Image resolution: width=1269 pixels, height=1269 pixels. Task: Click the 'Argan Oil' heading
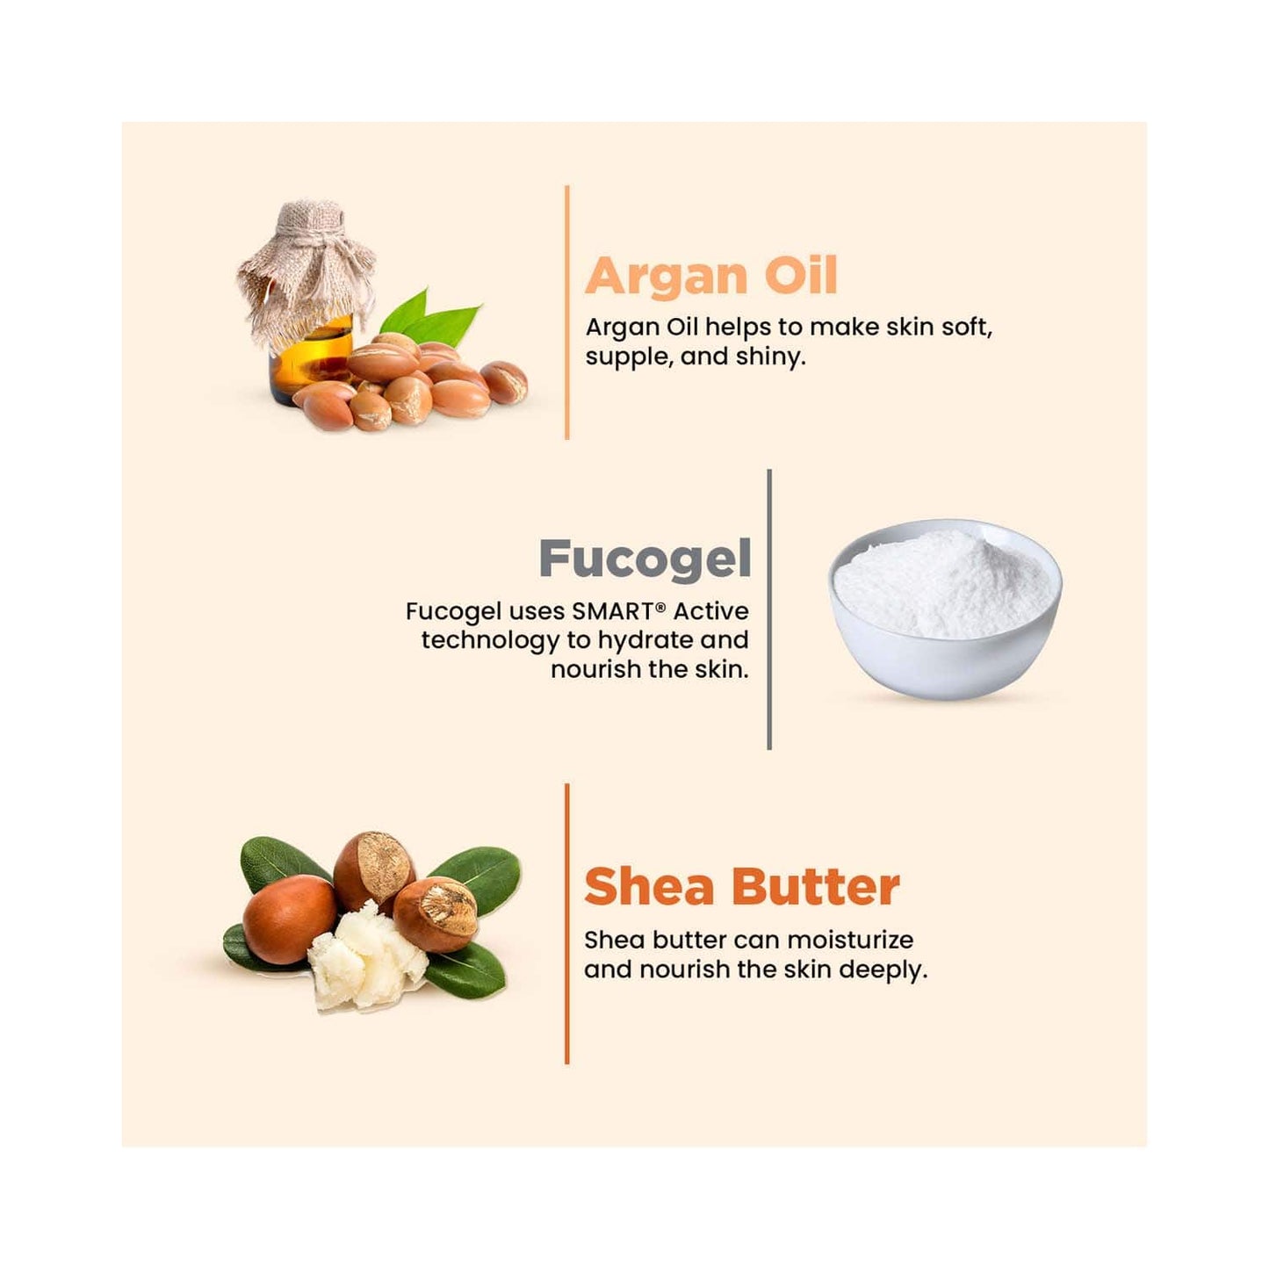711,276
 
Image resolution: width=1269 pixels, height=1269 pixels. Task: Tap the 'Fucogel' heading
645,559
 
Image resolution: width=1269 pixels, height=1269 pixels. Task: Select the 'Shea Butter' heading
742,887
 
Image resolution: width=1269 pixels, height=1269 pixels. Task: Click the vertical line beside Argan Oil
567,312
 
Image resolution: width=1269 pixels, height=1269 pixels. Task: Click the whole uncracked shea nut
289,919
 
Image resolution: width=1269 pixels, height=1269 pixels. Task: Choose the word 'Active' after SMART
711,611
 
